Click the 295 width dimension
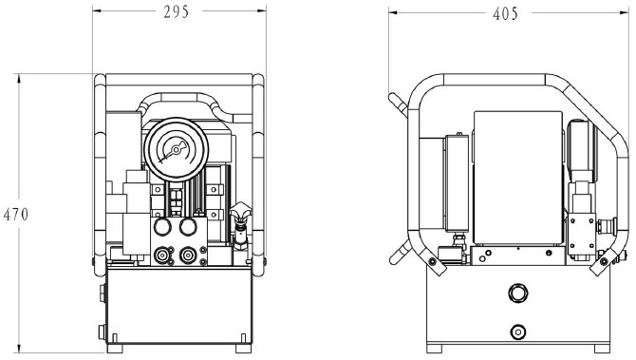[176, 12]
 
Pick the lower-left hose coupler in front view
[161, 255]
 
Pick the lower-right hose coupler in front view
[189, 255]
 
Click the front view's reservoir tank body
[177, 304]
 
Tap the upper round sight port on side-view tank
[517, 292]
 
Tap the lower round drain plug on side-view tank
[517, 332]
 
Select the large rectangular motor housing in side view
[517, 176]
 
